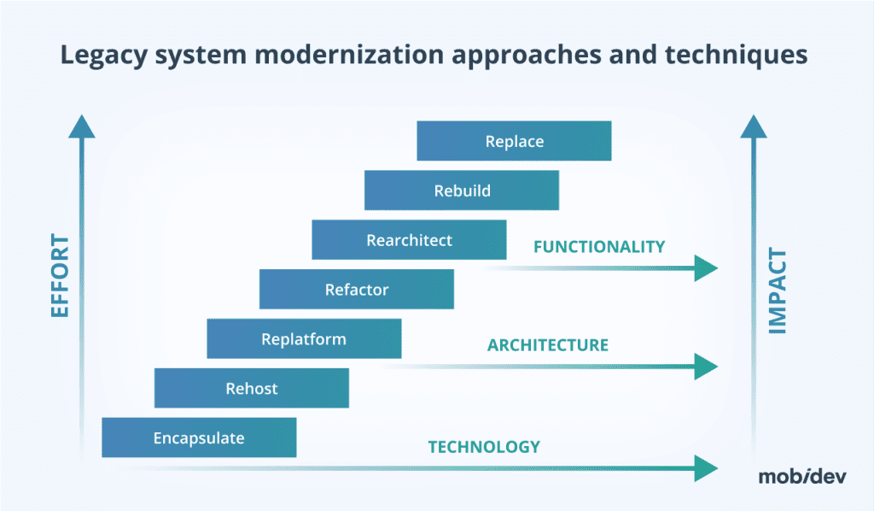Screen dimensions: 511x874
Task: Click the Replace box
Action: (514, 141)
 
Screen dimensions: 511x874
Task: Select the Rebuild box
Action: (462, 191)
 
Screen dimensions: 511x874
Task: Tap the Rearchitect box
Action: (409, 240)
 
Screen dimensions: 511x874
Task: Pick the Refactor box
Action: (356, 290)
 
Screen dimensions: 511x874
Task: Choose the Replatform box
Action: (304, 339)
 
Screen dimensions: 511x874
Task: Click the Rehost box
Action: (251, 389)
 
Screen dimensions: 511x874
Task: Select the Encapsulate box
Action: (199, 438)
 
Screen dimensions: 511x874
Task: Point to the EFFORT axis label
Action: (60, 276)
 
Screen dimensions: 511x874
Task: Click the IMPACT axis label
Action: (778, 291)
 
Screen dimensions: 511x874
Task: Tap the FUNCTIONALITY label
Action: (598, 247)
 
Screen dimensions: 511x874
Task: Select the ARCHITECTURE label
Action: (547, 345)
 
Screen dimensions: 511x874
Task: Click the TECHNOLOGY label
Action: (483, 446)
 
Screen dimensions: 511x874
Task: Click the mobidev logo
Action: (802, 477)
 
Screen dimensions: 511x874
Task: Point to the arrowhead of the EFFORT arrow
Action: (82, 126)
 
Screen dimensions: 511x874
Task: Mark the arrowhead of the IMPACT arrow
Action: (754, 126)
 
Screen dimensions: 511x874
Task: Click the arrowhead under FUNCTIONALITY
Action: (706, 268)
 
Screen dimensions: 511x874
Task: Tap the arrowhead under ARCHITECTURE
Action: (706, 367)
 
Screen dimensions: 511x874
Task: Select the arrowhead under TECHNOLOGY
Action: (706, 467)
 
